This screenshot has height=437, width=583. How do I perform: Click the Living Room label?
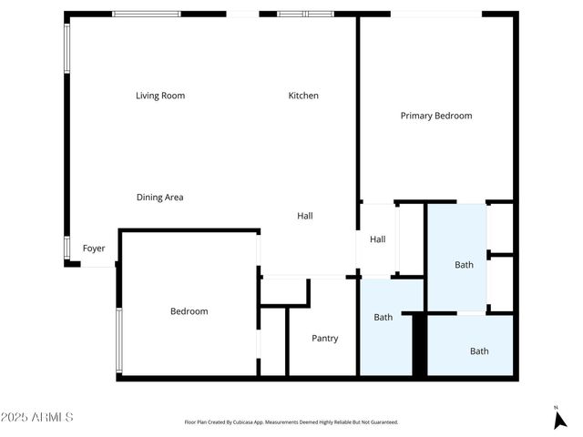tap(160, 96)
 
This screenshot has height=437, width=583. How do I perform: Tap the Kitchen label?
tap(303, 96)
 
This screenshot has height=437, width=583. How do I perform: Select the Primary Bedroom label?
tap(436, 116)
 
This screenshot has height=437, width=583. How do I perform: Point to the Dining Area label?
tap(160, 197)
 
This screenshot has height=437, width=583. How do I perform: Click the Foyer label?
tap(94, 248)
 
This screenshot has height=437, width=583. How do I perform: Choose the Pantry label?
tap(325, 339)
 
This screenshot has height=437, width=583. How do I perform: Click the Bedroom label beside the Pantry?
tap(189, 311)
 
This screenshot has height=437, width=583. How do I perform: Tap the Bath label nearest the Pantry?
tap(383, 317)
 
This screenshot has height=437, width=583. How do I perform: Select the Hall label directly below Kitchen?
tap(305, 216)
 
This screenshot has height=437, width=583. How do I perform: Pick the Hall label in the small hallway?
tap(378, 239)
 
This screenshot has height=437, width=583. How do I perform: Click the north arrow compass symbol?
tap(559, 420)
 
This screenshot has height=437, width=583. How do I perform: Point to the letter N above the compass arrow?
tap(556, 407)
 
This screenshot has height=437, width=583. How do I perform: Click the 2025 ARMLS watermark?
tap(37, 417)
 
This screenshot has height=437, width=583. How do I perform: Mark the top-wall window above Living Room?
tap(146, 15)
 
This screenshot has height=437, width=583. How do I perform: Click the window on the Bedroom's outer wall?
tap(118, 340)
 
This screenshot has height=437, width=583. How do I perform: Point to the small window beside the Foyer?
tap(66, 248)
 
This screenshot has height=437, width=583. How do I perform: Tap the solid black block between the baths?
tap(419, 344)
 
